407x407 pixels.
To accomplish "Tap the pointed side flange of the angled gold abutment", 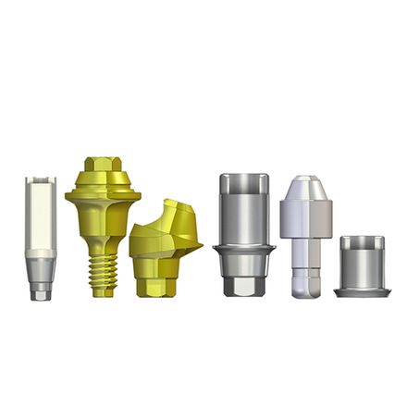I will [x=195, y=247].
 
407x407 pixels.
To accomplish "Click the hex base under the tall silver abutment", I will [x=242, y=282].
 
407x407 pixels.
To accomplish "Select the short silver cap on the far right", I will [x=362, y=265].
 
